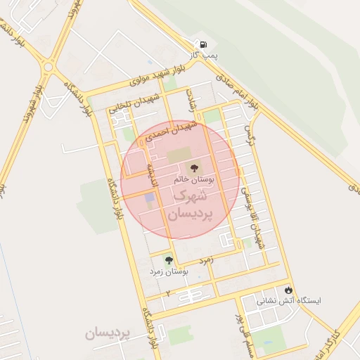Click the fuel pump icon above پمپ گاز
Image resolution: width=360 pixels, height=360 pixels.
(202, 44)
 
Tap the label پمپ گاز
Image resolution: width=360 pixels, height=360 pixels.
(206, 54)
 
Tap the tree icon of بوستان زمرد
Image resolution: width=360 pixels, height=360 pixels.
(168, 260)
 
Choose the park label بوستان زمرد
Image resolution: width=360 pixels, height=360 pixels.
(166, 271)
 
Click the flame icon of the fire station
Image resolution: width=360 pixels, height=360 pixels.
(288, 290)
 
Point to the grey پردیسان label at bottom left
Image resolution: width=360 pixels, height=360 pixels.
(108, 333)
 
